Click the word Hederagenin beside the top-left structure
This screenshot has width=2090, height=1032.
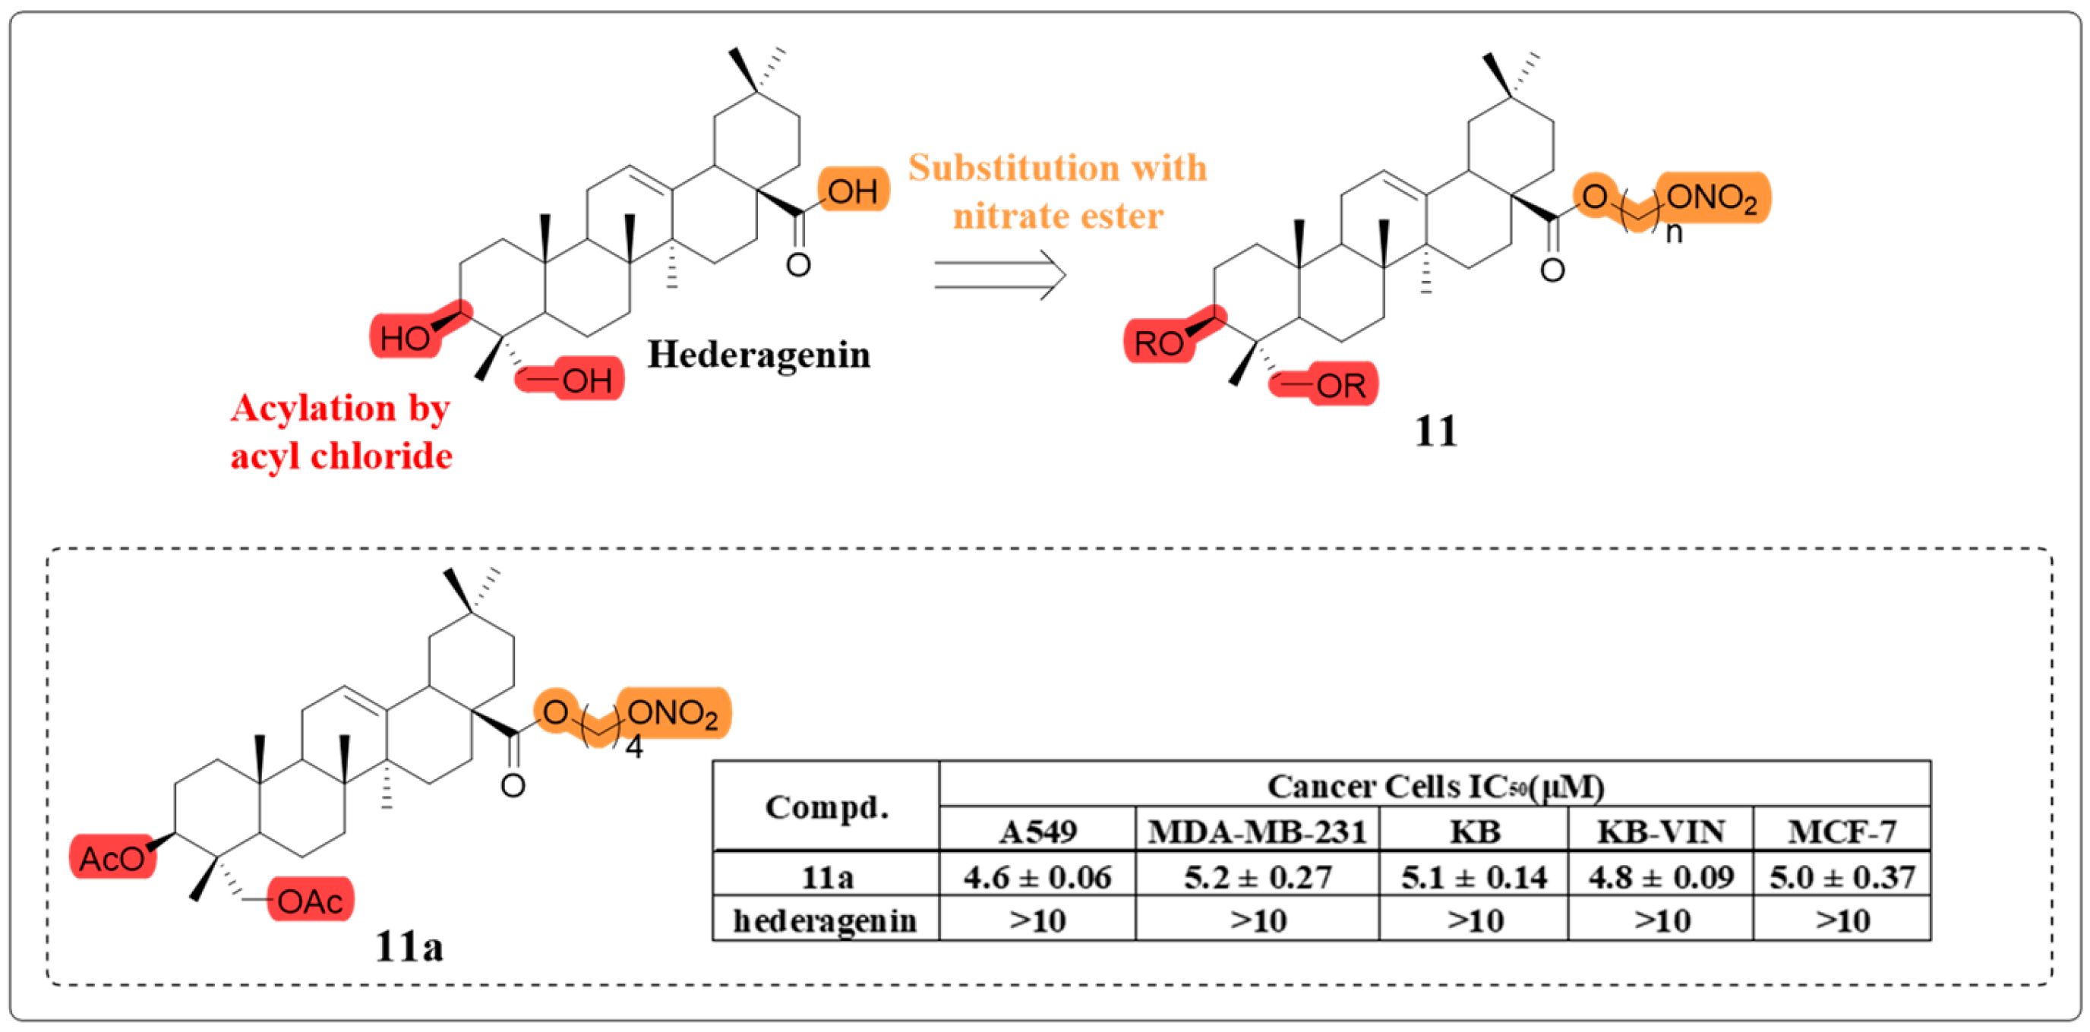click(758, 355)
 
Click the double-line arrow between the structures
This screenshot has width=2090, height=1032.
click(999, 275)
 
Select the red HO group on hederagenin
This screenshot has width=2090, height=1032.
click(405, 337)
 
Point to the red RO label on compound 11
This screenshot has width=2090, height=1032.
click(1159, 342)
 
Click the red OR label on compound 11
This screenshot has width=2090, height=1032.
click(1340, 385)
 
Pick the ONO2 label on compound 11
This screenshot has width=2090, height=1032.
click(1712, 197)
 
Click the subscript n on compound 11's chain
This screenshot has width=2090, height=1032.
click(1673, 234)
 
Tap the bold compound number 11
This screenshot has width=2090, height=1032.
click(1435, 431)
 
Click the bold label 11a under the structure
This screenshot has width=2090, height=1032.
click(409, 946)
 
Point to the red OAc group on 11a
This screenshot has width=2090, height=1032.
click(310, 901)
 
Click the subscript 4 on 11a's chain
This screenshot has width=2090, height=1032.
click(633, 747)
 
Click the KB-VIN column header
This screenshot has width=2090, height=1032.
click(1660, 832)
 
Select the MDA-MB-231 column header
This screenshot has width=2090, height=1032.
click(1257, 832)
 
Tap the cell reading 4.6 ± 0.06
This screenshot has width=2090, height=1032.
click(1037, 877)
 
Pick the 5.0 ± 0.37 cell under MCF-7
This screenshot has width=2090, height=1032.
click(1842, 877)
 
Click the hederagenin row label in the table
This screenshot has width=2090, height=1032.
click(824, 921)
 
